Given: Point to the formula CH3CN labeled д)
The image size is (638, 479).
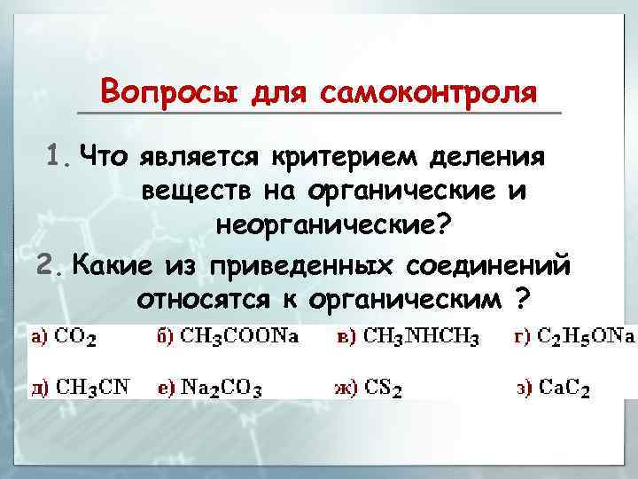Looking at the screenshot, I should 92,387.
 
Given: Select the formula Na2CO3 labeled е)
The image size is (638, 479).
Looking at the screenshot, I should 222,388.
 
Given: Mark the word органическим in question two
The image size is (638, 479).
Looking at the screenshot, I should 407,300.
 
